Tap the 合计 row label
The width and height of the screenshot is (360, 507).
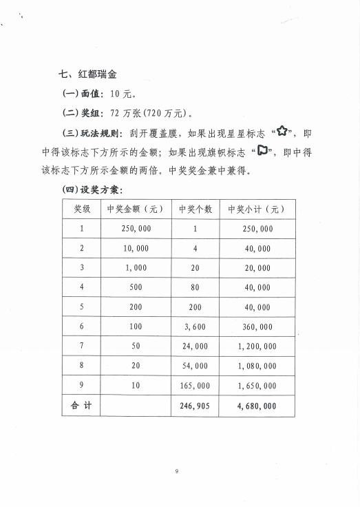click(81, 406)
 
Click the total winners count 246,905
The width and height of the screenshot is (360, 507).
click(195, 406)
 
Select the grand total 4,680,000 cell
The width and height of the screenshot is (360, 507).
click(257, 406)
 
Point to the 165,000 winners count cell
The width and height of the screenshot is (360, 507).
click(195, 386)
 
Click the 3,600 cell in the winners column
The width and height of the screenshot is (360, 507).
click(195, 327)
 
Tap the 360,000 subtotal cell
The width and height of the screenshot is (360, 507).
click(257, 327)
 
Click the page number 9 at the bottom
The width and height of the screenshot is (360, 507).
click(177, 471)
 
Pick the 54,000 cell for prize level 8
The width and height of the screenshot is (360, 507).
click(195, 366)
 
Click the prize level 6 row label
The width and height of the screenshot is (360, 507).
click(81, 327)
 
